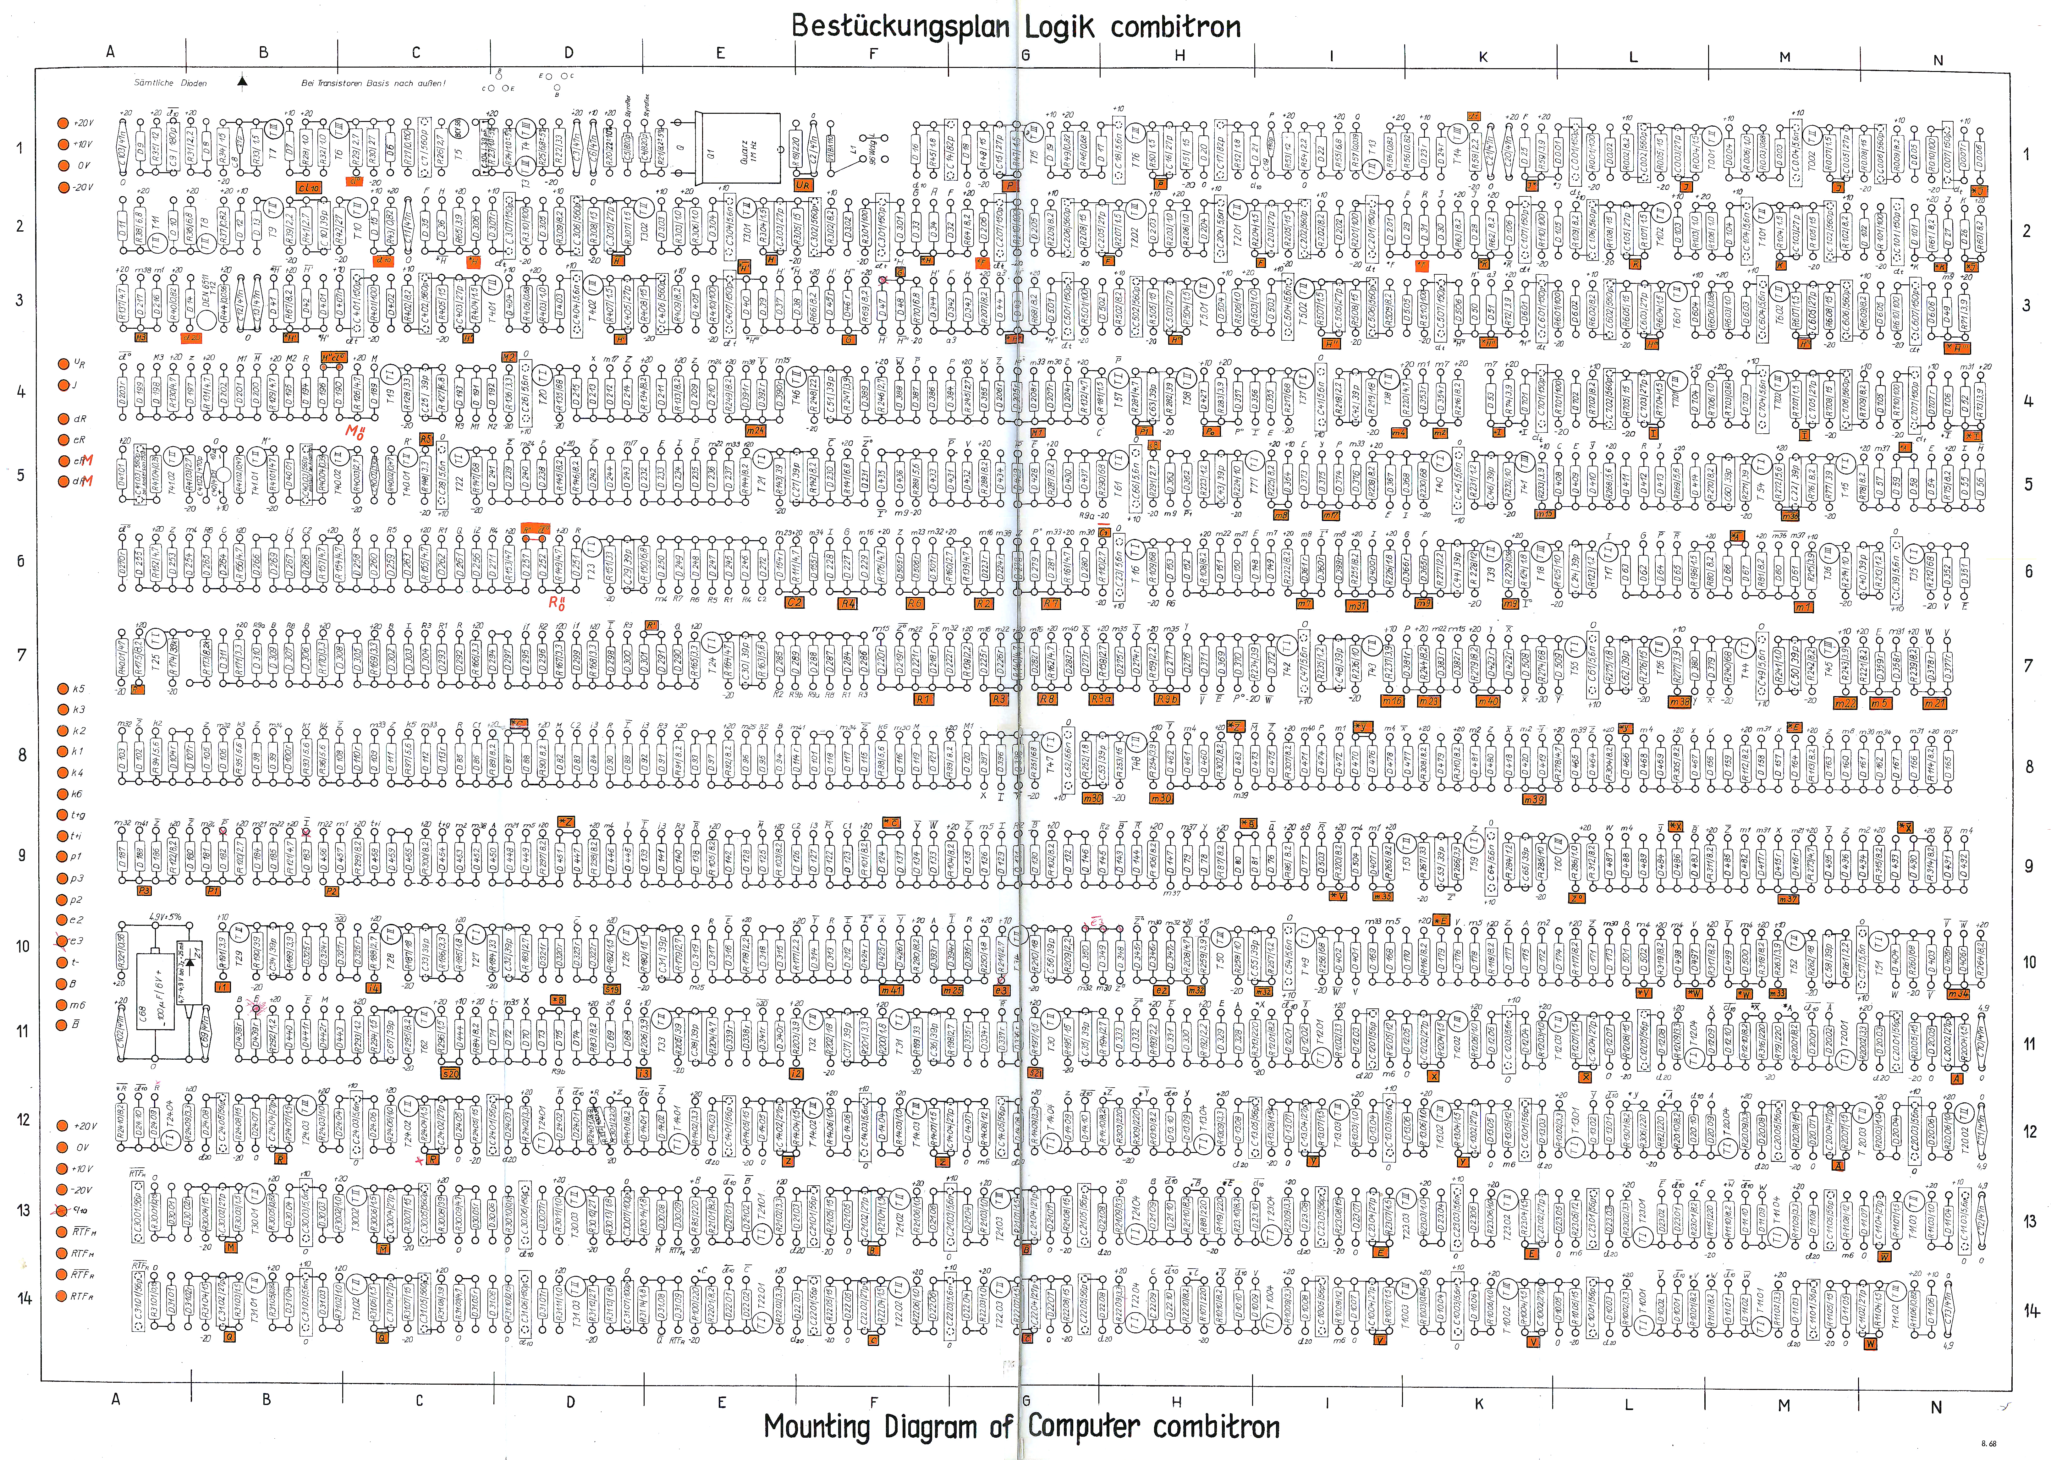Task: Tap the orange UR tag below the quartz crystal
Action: pos(803,185)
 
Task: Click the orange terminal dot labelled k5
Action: pos(63,689)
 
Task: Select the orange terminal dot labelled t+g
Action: pos(63,815)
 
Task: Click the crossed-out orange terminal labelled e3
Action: pos(63,941)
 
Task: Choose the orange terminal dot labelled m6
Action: pos(63,1005)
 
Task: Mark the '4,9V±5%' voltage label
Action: pos(166,917)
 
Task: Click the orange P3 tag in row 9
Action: pos(144,890)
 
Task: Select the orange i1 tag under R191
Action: pos(223,986)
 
